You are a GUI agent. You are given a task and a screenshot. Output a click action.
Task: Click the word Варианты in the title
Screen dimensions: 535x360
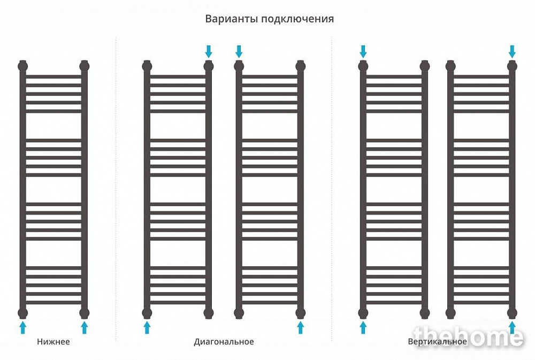232,18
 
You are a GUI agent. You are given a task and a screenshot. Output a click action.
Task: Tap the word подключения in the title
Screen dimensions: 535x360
297,19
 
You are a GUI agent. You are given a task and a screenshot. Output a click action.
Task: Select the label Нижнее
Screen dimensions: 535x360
53,342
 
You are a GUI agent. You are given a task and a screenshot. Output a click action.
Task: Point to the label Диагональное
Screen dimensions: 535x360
224,342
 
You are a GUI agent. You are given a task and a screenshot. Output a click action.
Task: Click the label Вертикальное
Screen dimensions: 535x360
438,342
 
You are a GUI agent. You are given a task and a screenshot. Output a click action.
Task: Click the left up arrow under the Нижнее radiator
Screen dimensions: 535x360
23,327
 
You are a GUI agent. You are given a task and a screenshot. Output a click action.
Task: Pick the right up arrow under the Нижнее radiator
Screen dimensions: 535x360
85,327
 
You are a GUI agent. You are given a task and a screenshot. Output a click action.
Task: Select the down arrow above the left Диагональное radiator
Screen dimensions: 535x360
209,52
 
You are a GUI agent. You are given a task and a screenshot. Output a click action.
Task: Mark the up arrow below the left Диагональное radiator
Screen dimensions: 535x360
147,327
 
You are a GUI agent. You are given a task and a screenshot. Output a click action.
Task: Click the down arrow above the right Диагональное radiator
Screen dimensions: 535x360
239,52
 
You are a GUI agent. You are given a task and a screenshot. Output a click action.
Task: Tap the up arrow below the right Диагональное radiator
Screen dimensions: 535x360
301,327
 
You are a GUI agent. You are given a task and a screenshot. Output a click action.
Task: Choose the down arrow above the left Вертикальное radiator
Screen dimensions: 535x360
363,52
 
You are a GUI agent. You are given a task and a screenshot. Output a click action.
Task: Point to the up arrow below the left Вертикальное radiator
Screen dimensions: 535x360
363,327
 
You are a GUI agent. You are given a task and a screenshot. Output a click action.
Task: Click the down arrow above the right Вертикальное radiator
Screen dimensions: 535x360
512,52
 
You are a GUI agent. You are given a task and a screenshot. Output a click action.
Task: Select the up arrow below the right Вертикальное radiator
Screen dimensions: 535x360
512,327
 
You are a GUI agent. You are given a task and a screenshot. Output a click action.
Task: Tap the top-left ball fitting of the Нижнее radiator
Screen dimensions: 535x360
23,65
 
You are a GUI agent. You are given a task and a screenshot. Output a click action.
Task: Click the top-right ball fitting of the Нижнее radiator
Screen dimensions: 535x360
85,65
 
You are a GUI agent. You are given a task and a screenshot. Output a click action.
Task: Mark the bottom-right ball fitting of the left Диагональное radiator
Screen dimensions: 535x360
209,313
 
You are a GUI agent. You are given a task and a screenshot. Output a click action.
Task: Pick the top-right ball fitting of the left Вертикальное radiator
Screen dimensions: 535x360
425,65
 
